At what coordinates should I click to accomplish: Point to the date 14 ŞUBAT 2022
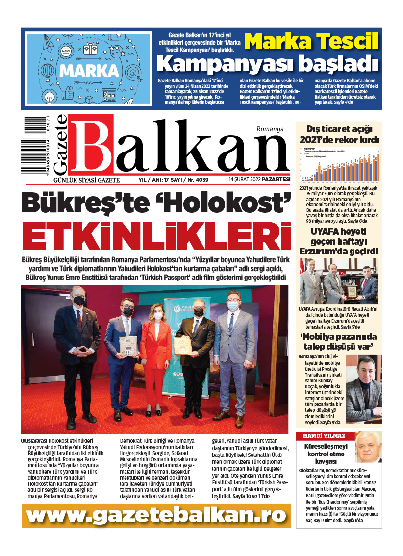[x=245, y=179]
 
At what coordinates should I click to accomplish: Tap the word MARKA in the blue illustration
[x=80, y=71]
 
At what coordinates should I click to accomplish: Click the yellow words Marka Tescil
[x=311, y=41]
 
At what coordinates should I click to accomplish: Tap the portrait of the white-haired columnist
[x=368, y=447]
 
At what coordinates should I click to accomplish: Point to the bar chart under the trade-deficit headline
[x=341, y=166]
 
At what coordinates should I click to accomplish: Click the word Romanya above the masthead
[x=270, y=129]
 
